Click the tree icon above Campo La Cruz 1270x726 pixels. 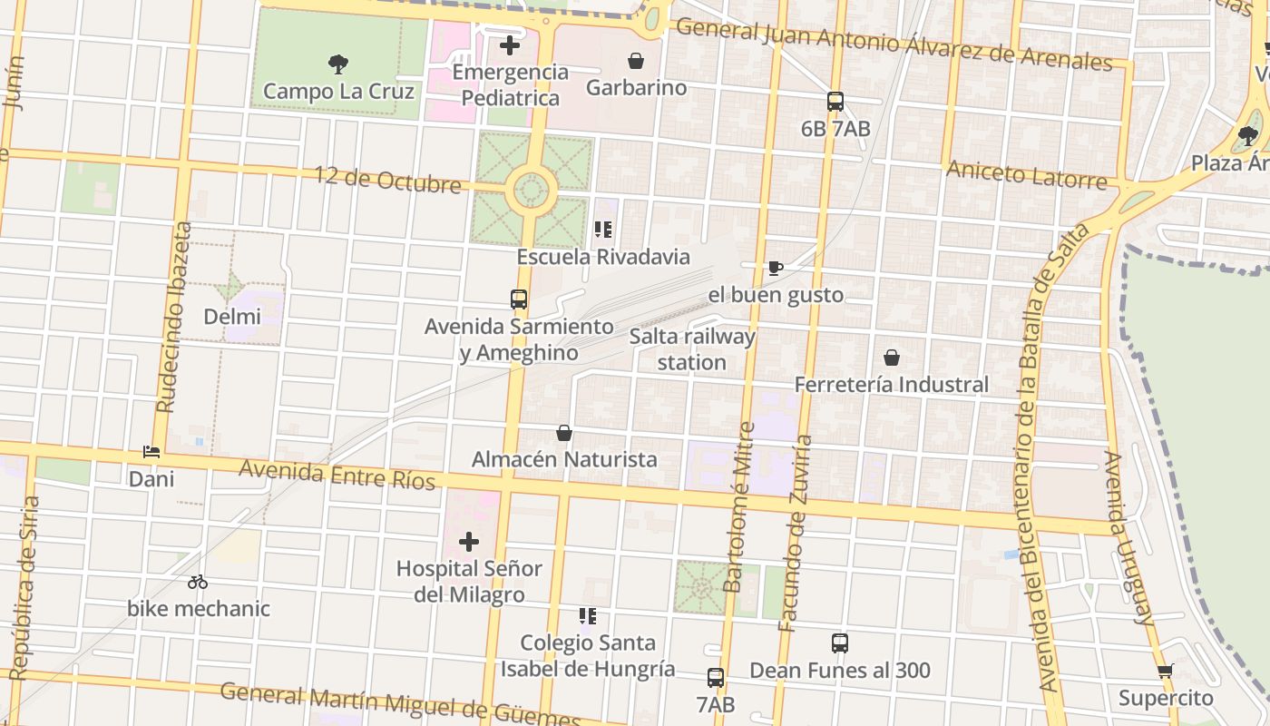[338, 64]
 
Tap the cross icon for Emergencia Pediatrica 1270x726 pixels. [510, 44]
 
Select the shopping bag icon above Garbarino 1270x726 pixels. [636, 61]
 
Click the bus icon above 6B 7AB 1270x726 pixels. [835, 102]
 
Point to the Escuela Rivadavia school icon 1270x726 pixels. [603, 230]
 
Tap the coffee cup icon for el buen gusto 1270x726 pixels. [775, 268]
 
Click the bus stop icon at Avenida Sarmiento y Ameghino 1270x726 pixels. [519, 299]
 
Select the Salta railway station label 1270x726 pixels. [692, 349]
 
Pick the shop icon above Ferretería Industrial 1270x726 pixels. [892, 358]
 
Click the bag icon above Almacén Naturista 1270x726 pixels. [564, 433]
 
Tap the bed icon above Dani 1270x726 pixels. [151, 451]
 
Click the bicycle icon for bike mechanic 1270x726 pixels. [198, 582]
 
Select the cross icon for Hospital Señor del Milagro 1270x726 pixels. [469, 542]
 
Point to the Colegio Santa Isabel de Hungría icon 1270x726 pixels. [588, 616]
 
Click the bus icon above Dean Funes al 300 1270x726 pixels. [840, 643]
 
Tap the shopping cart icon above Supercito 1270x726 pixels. [1166, 672]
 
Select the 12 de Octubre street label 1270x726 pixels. [388, 180]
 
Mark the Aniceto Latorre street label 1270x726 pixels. [1027, 173]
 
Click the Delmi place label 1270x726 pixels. [232, 317]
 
